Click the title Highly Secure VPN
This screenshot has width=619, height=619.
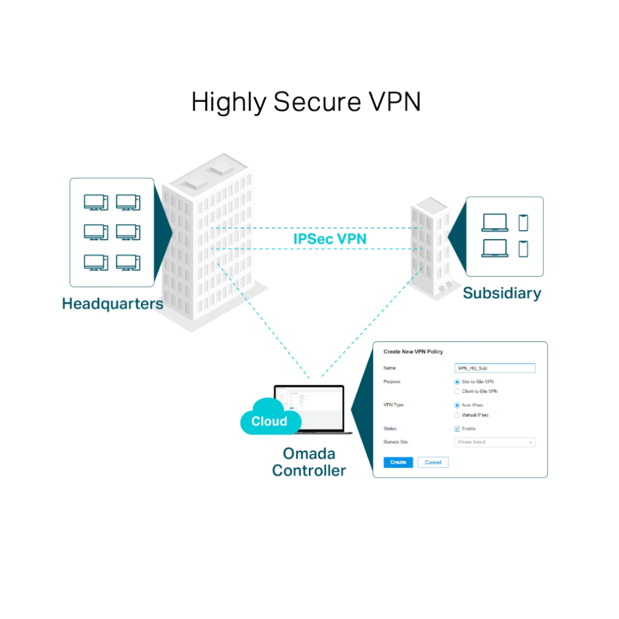point(306,102)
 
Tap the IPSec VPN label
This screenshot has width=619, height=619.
point(330,238)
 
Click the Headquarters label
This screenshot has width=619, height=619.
point(112,303)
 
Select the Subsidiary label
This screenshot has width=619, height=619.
point(502,293)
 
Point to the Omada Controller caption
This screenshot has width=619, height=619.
point(309,462)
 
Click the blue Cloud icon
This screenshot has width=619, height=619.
point(269,420)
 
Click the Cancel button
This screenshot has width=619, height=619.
point(433,462)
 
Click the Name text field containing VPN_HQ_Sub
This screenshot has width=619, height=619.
point(494,369)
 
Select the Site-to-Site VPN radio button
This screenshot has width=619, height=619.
point(457,382)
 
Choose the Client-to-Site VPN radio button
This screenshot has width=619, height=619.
point(457,391)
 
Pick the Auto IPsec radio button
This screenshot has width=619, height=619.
point(457,405)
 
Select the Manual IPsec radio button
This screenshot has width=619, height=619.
point(457,415)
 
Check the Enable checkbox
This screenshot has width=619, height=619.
point(457,429)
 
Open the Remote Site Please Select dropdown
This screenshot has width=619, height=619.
point(494,442)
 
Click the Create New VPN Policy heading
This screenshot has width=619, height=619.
point(413,351)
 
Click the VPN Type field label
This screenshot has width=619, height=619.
point(394,405)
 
